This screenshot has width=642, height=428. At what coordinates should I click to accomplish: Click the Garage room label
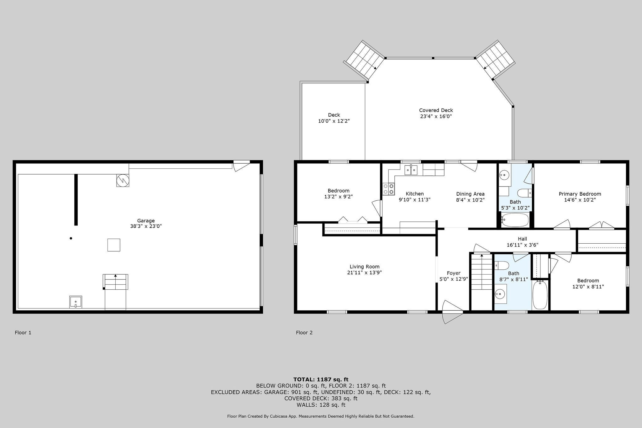[146, 220]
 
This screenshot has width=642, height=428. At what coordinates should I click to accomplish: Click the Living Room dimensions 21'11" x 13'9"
[364, 272]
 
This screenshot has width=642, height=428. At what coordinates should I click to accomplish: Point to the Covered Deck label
[436, 110]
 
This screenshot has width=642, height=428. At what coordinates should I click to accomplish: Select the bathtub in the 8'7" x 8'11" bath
[539, 295]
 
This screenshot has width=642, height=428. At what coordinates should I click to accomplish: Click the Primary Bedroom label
[580, 194]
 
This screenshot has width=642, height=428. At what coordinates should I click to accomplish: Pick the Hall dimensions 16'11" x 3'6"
[522, 245]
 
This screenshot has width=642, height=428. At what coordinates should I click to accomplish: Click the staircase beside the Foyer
[481, 272]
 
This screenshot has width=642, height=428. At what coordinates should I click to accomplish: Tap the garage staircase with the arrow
[115, 282]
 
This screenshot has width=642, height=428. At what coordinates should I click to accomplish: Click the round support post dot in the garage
[71, 238]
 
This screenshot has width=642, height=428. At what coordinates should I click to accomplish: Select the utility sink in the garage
[76, 302]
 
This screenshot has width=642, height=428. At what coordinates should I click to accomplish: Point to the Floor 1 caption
[23, 332]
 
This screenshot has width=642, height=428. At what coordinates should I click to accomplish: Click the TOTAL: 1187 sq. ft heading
[321, 379]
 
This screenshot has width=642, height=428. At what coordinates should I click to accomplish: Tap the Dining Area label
[470, 194]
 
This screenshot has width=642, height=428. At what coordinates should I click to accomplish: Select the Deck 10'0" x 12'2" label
[334, 118]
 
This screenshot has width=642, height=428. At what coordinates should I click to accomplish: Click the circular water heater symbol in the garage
[123, 180]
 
